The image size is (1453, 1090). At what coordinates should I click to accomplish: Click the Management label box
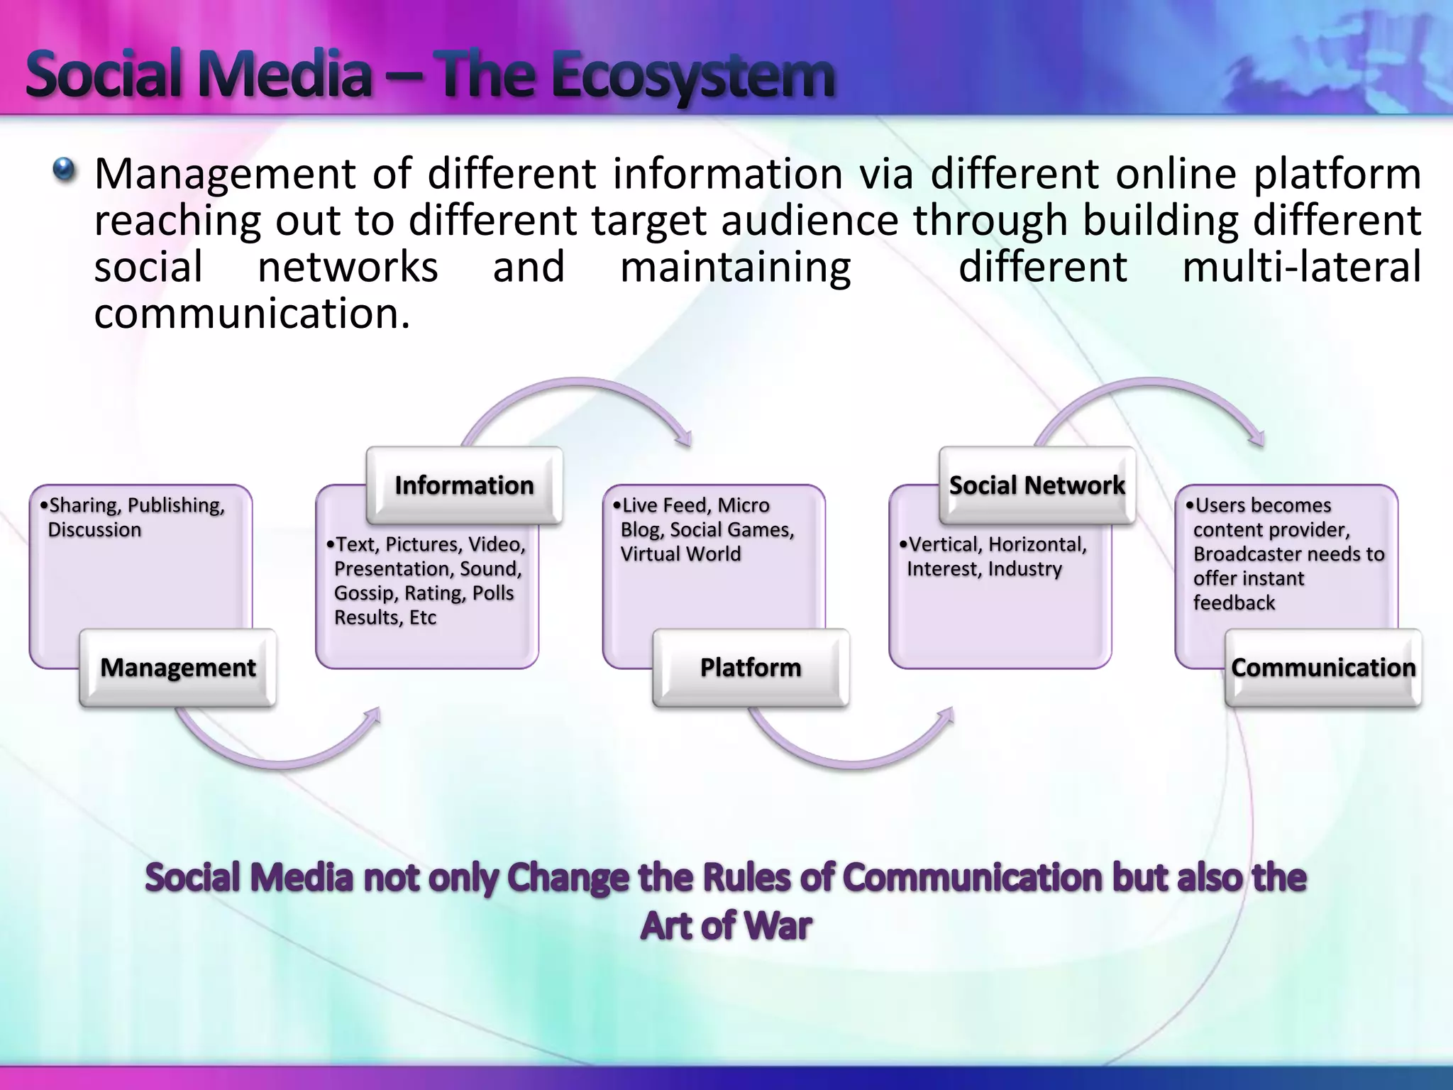(x=177, y=668)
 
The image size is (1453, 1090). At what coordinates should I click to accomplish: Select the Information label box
(x=464, y=485)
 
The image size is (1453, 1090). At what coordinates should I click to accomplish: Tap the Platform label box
(x=750, y=668)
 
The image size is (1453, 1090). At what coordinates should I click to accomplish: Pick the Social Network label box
(x=1037, y=485)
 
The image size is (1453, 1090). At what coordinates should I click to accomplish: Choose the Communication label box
(x=1323, y=668)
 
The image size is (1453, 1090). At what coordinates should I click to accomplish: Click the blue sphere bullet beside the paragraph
(x=65, y=169)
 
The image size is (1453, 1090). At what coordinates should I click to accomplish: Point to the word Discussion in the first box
(x=94, y=530)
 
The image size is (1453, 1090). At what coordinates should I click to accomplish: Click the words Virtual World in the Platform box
(x=680, y=554)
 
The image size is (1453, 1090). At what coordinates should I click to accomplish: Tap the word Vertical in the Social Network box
(x=945, y=544)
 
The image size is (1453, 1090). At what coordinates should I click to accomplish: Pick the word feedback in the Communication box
(x=1234, y=603)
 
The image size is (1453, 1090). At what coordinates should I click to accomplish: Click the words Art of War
(x=726, y=926)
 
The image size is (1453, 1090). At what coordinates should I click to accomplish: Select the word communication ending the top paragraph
(x=252, y=314)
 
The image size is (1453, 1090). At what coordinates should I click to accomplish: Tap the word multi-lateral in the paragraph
(x=1301, y=268)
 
